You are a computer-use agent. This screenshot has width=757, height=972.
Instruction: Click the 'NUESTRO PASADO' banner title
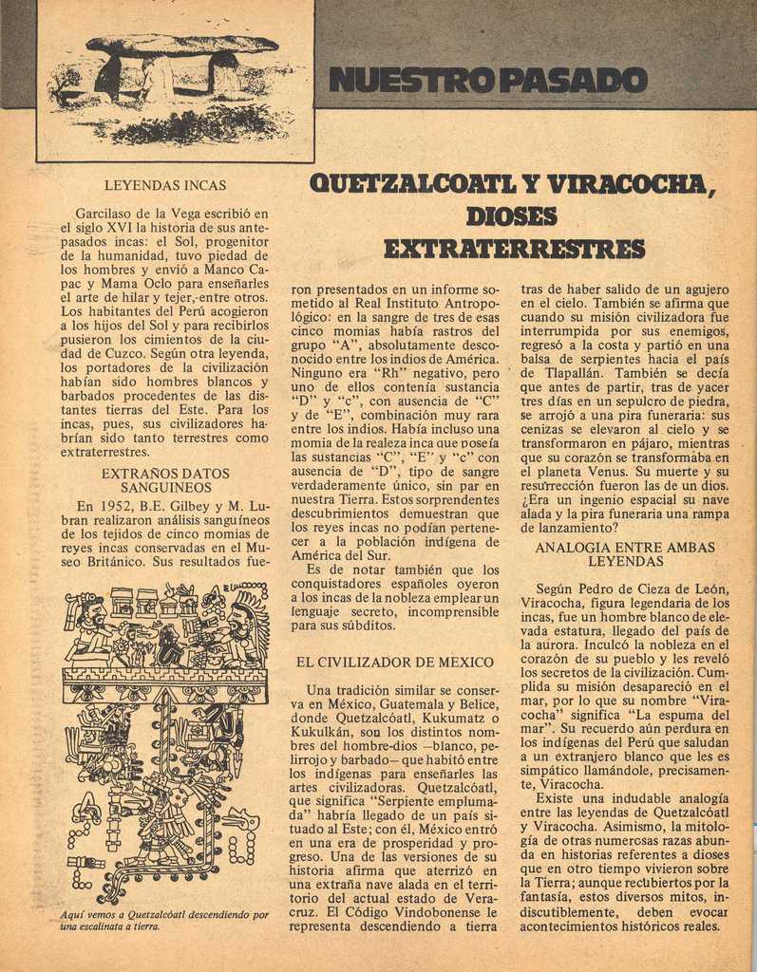click(x=487, y=81)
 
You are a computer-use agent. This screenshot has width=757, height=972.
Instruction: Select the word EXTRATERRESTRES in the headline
click(x=514, y=250)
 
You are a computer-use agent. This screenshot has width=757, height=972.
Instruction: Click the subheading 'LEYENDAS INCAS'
click(x=165, y=186)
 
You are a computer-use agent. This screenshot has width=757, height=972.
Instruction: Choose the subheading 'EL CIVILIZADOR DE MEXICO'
click(x=394, y=662)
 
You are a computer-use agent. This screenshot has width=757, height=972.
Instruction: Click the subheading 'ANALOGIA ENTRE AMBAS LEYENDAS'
click(x=624, y=554)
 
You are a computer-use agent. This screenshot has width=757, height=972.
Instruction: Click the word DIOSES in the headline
click(x=512, y=217)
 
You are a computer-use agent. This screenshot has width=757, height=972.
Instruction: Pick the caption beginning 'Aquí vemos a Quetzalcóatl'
click(x=164, y=920)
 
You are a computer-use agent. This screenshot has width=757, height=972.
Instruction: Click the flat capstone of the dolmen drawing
click(x=183, y=44)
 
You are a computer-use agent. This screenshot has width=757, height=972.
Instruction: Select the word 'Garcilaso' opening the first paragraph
click(x=105, y=213)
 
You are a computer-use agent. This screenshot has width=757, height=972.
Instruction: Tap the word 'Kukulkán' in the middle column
click(x=322, y=735)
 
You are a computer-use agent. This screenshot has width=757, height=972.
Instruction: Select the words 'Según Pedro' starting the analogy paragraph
click(x=577, y=589)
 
